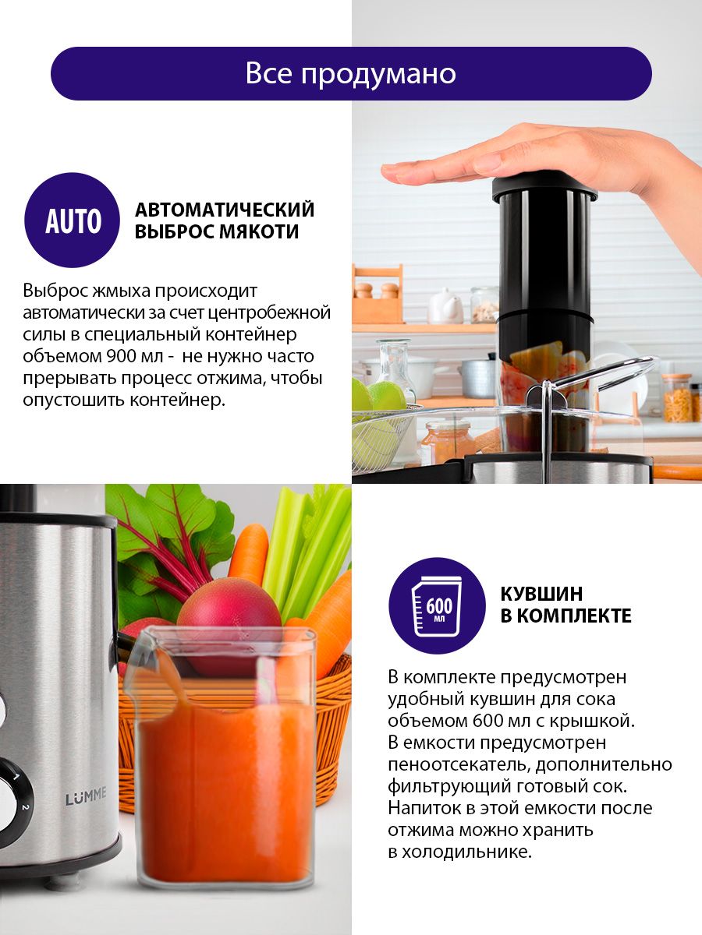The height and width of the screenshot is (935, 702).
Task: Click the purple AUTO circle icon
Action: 72,221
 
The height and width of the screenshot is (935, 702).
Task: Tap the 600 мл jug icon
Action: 437,606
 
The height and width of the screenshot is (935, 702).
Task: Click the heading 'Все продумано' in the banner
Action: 351,74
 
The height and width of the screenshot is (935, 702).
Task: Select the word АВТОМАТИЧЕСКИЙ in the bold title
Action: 225,210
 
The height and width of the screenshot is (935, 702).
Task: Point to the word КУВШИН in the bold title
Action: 541,594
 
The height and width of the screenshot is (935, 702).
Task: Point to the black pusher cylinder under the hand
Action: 544,264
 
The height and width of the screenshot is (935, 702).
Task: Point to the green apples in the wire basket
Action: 378,398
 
